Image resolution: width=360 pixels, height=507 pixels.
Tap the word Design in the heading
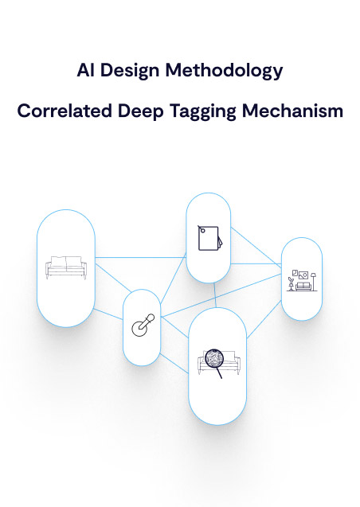tap(130, 71)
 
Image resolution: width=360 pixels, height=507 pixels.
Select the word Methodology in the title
tap(224, 71)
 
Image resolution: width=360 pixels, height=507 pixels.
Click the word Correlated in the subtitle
tap(64, 111)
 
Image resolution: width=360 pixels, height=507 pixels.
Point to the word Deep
tap(141, 111)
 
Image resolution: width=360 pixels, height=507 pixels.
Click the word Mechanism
tap(293, 111)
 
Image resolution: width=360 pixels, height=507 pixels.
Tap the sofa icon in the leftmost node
tap(66, 267)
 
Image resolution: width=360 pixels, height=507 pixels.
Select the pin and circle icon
tap(143, 325)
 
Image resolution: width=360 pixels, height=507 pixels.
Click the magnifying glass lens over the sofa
tap(214, 358)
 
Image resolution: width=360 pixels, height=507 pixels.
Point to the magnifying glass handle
tap(219, 372)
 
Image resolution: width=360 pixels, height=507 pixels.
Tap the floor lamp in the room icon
tap(313, 282)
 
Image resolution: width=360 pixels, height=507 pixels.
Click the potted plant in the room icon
tap(291, 283)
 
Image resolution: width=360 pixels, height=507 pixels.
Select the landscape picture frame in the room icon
tap(303, 275)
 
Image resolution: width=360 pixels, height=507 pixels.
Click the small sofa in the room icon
tap(303, 287)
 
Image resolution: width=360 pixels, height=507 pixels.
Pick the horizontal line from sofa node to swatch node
tap(141, 257)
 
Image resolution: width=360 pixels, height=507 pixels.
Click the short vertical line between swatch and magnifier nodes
tap(215, 295)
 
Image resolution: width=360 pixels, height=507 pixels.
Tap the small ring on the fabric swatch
tap(202, 231)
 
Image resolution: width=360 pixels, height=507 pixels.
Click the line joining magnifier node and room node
tap(264, 319)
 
